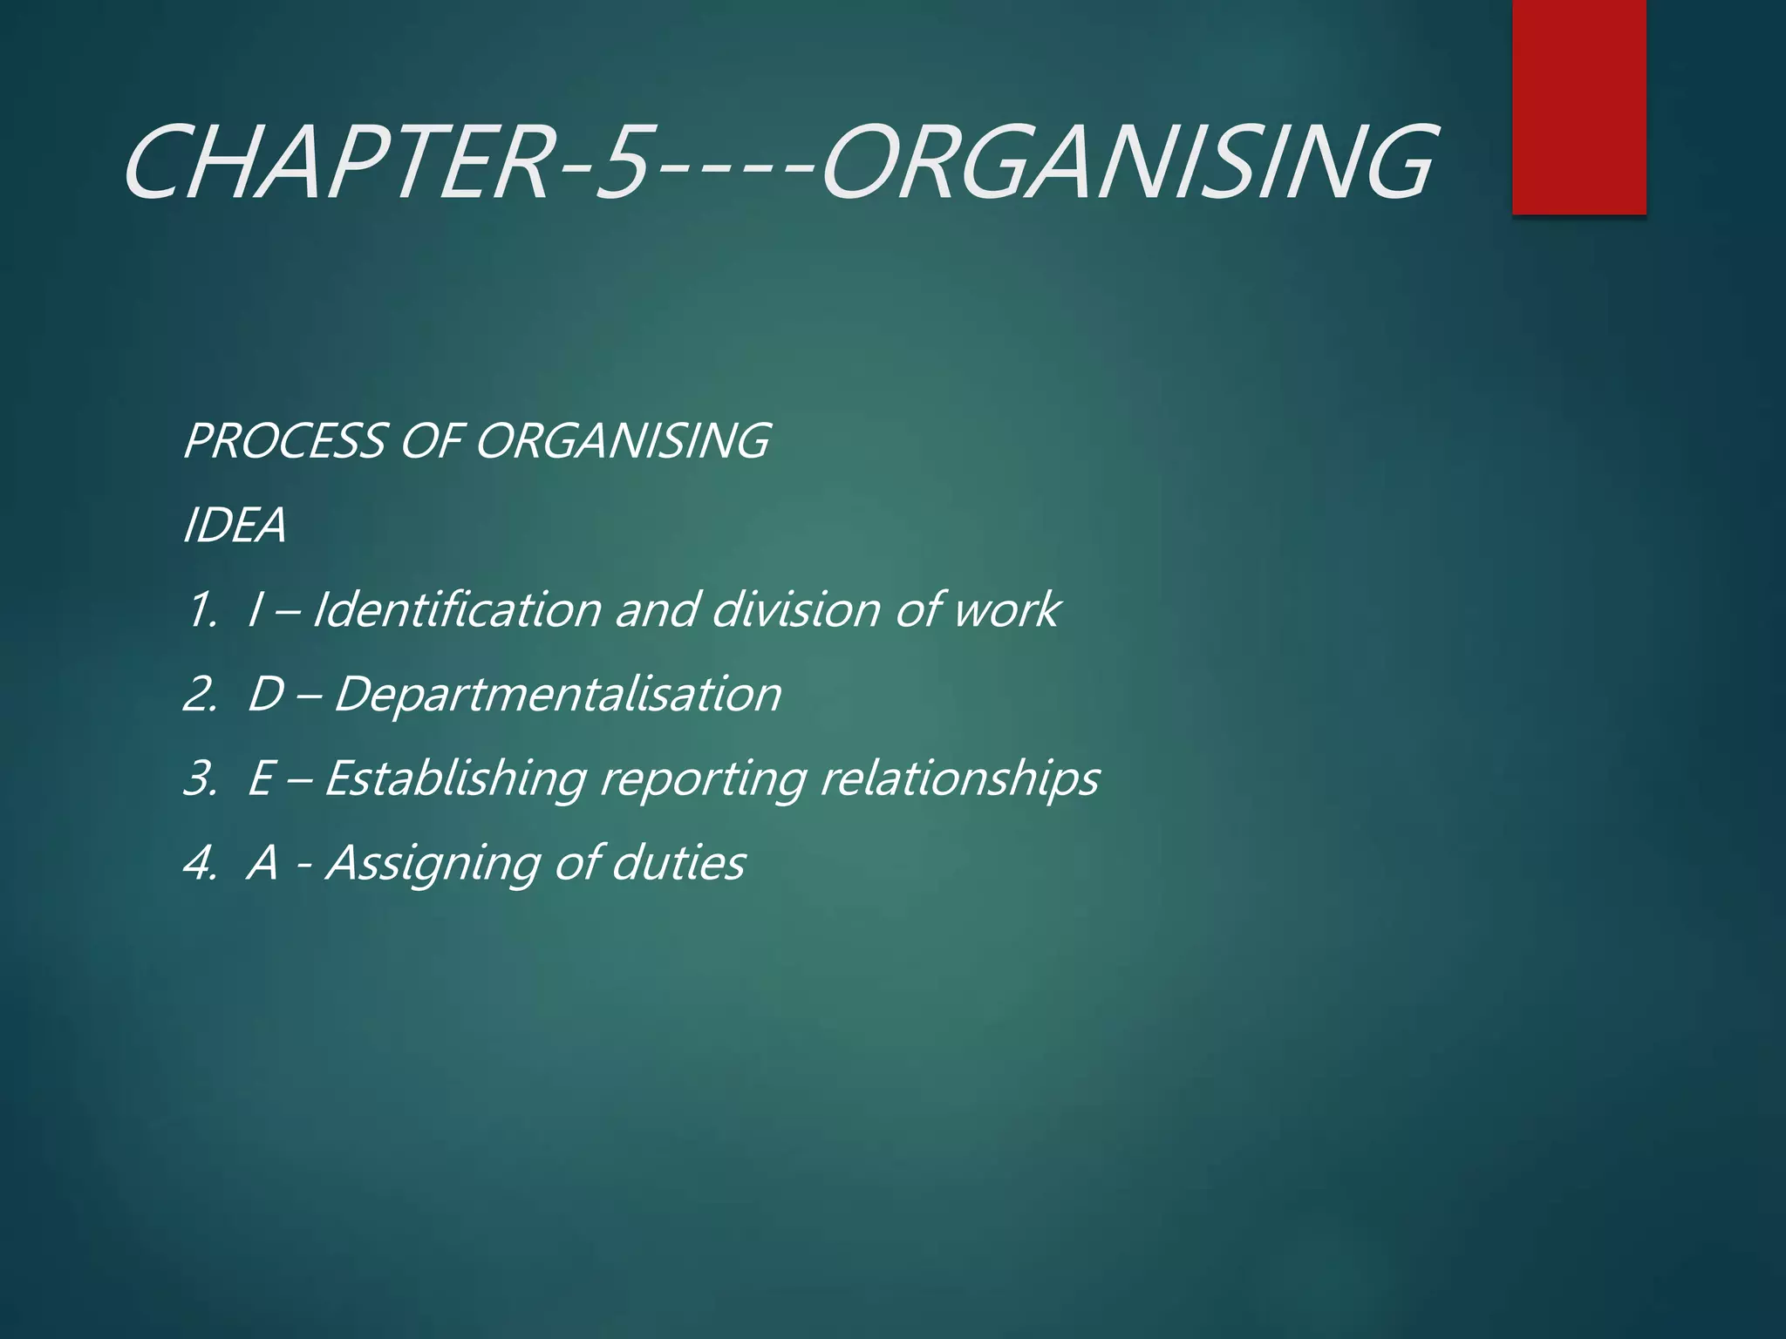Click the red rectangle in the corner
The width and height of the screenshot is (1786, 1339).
tap(1578, 106)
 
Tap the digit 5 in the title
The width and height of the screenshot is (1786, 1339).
tap(621, 163)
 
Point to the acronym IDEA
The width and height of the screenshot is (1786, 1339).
tap(234, 526)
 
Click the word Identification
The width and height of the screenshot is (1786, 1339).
tap(456, 608)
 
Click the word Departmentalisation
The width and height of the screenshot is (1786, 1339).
tap(557, 694)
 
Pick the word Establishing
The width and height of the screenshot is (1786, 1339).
tap(455, 778)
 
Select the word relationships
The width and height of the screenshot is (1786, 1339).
tap(959, 778)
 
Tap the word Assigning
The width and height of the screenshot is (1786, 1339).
tap(433, 863)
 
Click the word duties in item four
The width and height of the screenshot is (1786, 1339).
tap(678, 862)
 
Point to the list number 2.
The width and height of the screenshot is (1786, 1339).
tap(199, 695)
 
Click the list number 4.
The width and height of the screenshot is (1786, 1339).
tap(199, 863)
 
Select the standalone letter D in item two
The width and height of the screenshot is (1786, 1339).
tap(266, 695)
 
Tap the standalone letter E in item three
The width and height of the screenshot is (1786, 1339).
tap(262, 778)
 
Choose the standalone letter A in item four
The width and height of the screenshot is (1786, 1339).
tap(263, 863)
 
